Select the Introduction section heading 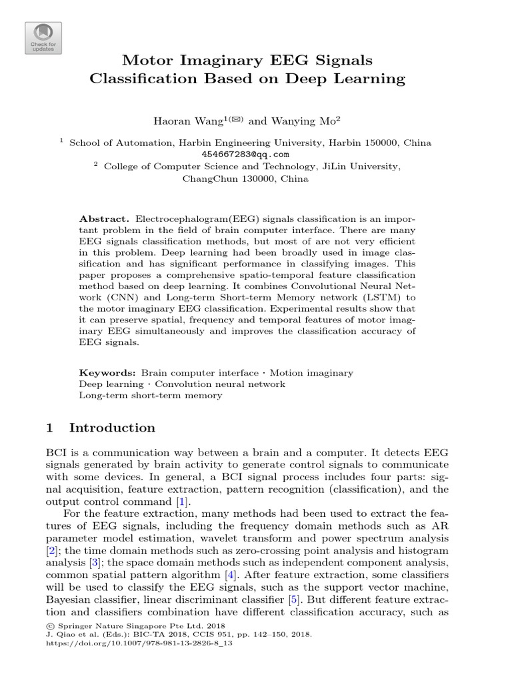(x=112, y=428)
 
